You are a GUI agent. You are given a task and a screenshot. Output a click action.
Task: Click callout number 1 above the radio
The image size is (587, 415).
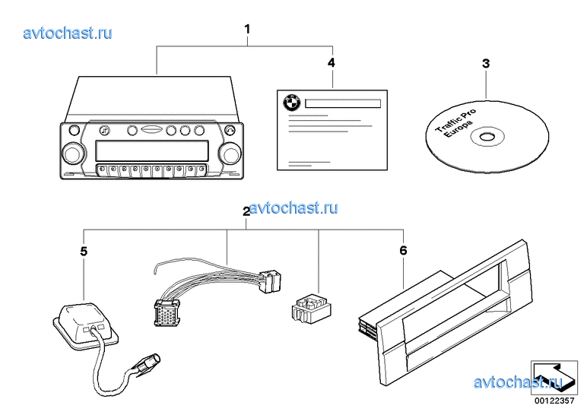[247, 29]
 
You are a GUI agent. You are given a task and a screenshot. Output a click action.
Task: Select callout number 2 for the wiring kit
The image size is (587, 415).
[246, 212]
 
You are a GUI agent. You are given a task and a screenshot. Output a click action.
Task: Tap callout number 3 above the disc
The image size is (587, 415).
[486, 64]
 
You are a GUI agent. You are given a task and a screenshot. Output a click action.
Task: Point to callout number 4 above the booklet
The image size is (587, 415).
[331, 62]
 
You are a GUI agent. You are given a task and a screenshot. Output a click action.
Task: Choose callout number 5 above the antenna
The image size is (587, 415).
[84, 249]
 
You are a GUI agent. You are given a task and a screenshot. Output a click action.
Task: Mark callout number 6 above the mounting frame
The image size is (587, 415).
[403, 249]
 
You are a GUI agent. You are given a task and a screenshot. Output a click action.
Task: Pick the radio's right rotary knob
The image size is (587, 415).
[228, 153]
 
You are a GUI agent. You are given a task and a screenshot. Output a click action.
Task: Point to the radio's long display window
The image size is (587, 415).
[151, 148]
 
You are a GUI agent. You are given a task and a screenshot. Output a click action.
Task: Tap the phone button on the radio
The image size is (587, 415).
[230, 129]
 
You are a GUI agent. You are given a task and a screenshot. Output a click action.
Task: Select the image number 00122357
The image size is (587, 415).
[552, 401]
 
